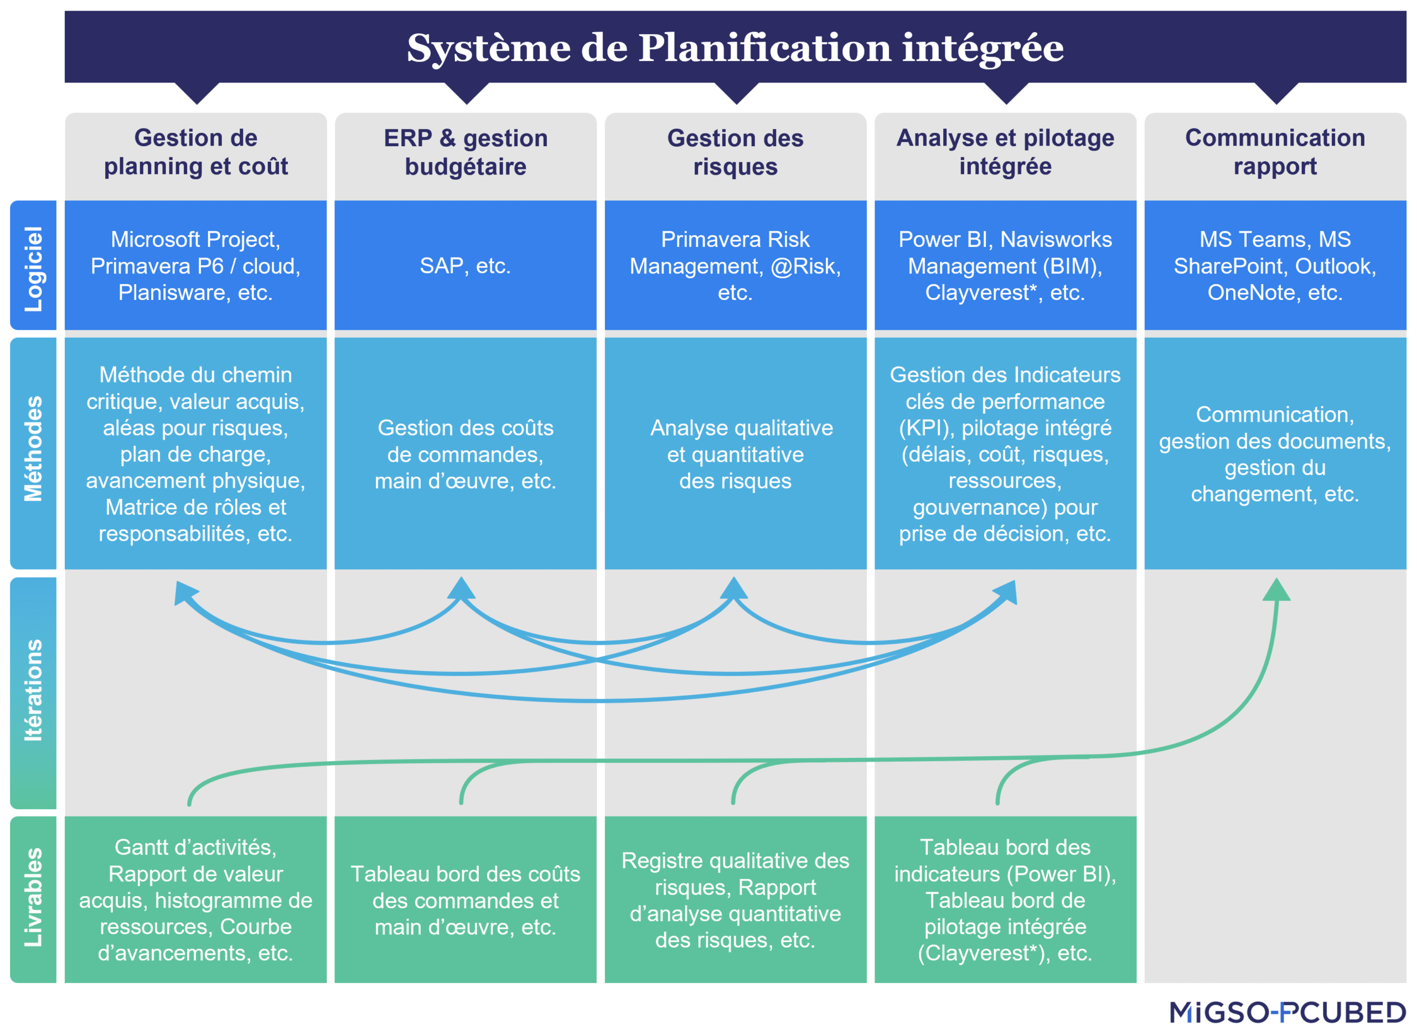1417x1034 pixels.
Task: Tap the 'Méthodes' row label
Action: tap(33, 448)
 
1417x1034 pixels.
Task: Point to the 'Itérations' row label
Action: tap(33, 690)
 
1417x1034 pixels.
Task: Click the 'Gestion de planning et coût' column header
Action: tap(195, 152)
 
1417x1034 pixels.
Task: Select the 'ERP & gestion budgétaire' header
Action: tap(465, 152)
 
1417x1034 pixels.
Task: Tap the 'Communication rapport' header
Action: tap(1274, 152)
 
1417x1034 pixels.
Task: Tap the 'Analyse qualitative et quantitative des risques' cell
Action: tap(741, 454)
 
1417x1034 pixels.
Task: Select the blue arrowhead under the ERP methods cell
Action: tap(461, 588)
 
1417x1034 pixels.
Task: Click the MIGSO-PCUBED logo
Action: tap(1287, 1012)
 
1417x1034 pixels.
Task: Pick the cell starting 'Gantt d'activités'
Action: tap(195, 899)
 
